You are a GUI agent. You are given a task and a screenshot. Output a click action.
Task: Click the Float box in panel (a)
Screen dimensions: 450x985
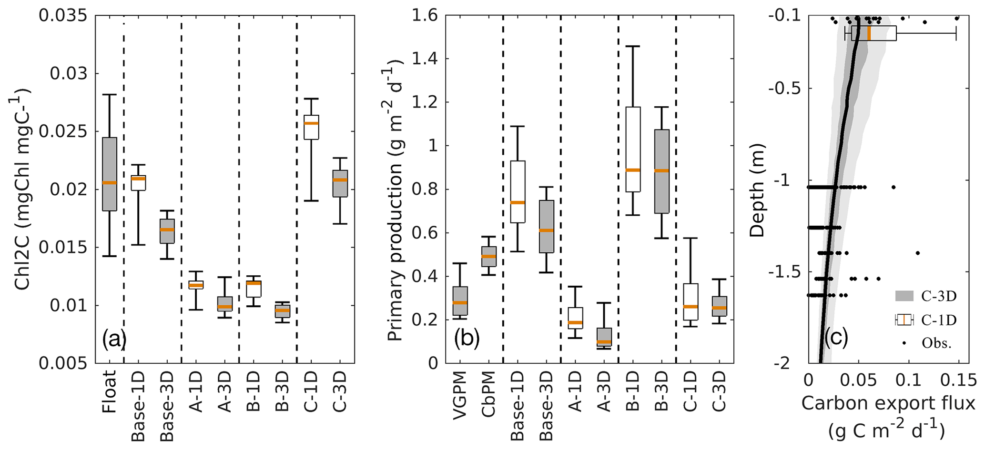[x=110, y=174]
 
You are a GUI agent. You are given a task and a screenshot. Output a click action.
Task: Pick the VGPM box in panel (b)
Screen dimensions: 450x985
[x=460, y=300]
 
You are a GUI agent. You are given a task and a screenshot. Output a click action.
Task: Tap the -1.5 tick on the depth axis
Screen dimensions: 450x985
[x=782, y=272]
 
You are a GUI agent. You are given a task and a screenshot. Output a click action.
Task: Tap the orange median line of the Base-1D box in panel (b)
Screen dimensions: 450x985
[x=518, y=202]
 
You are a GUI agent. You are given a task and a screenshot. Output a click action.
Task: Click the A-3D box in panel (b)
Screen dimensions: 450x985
[x=604, y=337]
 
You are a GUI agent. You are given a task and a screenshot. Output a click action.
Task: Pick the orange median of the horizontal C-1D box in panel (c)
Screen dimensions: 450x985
[x=869, y=33]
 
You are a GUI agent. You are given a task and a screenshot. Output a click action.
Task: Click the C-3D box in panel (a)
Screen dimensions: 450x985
[x=340, y=183]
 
